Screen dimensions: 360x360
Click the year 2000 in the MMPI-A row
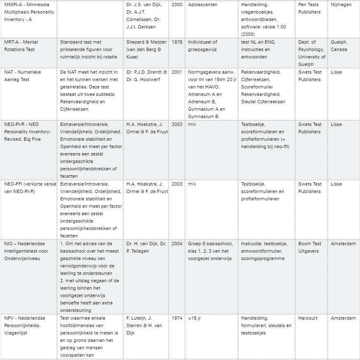click(177, 5)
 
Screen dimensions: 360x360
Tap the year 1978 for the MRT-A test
click(177, 42)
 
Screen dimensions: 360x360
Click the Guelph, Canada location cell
click(339, 46)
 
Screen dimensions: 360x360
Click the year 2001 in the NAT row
click(177, 72)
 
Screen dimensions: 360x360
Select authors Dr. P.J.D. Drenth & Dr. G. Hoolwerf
click(147, 76)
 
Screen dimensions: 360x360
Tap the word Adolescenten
click(203, 5)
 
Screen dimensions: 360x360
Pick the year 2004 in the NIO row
click(177, 244)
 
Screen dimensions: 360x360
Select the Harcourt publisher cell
click(308, 318)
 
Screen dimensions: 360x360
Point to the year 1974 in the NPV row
click(177, 318)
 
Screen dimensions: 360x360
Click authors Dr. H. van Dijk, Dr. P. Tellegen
click(146, 247)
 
